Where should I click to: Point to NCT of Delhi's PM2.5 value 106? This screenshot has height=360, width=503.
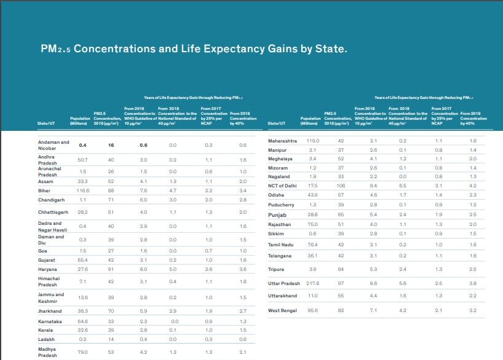click(341, 185)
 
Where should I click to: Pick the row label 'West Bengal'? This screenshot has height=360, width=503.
click(283, 310)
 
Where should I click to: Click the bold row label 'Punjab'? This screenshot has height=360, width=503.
click(278, 216)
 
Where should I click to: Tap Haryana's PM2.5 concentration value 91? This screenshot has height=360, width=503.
click(111, 269)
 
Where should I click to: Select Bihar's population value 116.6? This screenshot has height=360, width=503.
click(82, 191)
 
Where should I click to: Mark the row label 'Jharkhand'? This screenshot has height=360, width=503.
click(50, 311)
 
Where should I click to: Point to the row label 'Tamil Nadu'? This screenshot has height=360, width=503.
click(282, 245)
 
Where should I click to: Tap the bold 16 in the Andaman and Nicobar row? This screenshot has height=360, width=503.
click(111, 145)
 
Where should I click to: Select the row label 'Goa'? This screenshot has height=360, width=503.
click(42, 251)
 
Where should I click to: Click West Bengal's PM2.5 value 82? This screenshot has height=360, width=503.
click(341, 310)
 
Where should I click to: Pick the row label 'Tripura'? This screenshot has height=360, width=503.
click(276, 269)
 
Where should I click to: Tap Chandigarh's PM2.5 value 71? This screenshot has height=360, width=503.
click(111, 200)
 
